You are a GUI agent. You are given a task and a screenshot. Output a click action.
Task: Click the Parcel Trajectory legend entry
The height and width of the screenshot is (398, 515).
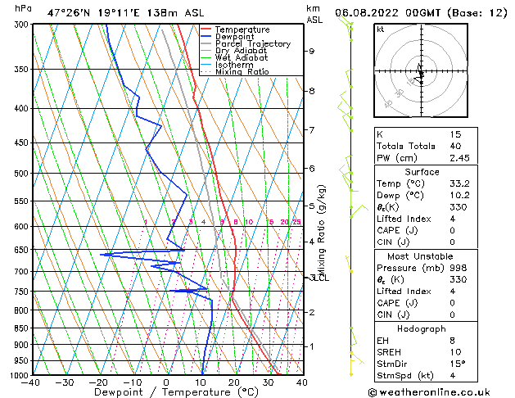pyautogui.click(x=252, y=43)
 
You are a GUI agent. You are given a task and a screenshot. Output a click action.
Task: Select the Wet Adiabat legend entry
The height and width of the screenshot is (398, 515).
pyautogui.click(x=241, y=57)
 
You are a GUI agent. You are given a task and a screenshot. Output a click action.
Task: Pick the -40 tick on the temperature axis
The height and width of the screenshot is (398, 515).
pyautogui.click(x=32, y=382)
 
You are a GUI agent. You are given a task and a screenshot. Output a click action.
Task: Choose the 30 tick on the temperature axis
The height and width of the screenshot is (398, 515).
pyautogui.click(x=268, y=382)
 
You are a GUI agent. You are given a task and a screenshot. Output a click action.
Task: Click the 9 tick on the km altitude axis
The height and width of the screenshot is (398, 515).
pyautogui.click(x=312, y=51)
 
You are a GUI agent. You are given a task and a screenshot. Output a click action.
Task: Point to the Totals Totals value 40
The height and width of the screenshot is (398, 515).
pyautogui.click(x=455, y=146)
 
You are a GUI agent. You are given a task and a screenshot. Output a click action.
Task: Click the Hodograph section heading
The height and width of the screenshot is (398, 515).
pyautogui.click(x=421, y=328)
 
